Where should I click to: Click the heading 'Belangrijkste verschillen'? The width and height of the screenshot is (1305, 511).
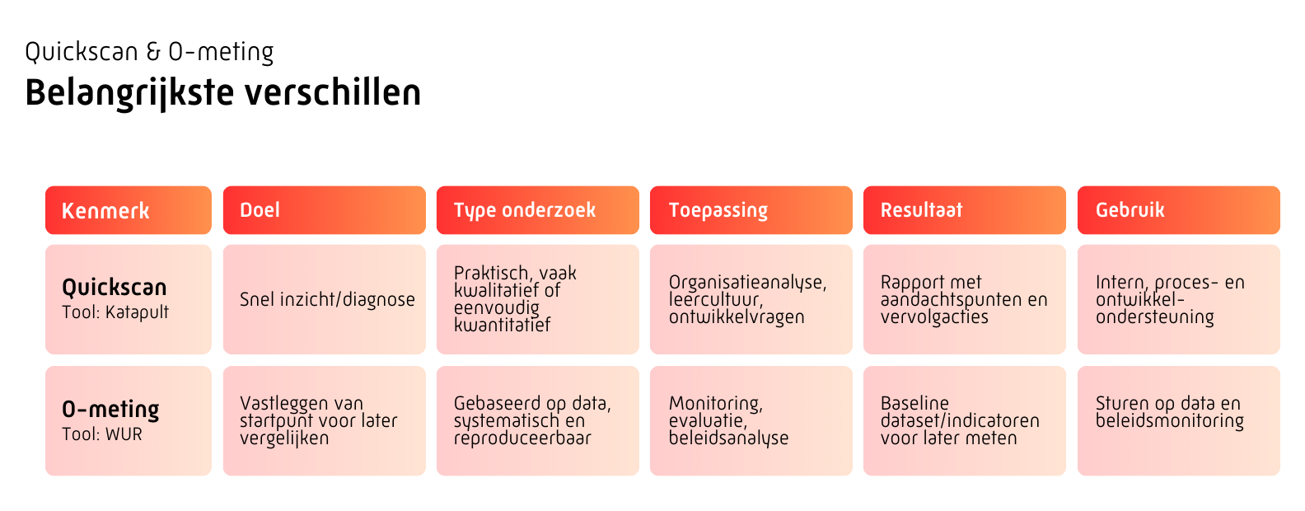click(x=222, y=93)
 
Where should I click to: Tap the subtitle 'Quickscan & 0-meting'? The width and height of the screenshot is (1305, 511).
click(x=149, y=52)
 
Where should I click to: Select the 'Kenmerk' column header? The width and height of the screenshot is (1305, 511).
click(x=129, y=210)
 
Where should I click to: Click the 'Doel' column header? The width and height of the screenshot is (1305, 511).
click(x=324, y=210)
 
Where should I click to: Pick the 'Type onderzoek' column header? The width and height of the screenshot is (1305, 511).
click(x=537, y=210)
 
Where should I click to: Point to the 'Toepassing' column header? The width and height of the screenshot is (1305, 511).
click(x=751, y=210)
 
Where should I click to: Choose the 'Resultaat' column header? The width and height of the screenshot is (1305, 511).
click(x=964, y=210)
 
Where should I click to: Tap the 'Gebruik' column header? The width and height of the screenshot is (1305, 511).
click(x=1179, y=210)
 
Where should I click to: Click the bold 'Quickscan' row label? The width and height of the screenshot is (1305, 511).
click(x=115, y=288)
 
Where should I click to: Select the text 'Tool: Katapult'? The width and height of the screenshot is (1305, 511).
click(x=115, y=313)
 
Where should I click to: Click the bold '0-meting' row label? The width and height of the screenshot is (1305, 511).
click(x=110, y=409)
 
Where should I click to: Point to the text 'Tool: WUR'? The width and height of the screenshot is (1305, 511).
click(x=102, y=434)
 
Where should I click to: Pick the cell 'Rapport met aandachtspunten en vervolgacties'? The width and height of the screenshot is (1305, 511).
click(x=964, y=299)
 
